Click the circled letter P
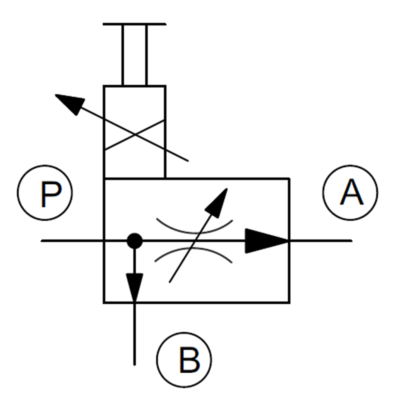tap(45, 193)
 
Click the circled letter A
tap(350, 193)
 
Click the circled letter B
tap(184, 360)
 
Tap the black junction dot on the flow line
tap(135, 241)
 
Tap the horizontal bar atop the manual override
tap(135, 24)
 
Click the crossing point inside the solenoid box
tap(135, 135)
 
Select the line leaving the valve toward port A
tap(321, 241)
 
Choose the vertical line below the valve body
tap(135, 334)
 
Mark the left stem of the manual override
tap(122, 55)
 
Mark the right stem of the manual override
tap(147, 55)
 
